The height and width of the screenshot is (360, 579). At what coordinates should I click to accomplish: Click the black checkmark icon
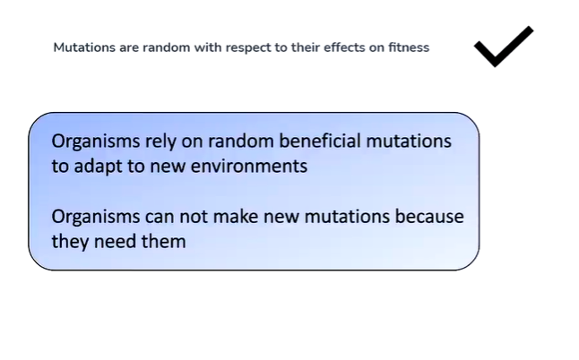[x=503, y=46]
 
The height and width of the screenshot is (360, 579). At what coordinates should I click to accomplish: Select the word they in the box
[x=69, y=241]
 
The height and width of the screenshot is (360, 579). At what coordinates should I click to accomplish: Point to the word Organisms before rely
[x=94, y=141]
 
